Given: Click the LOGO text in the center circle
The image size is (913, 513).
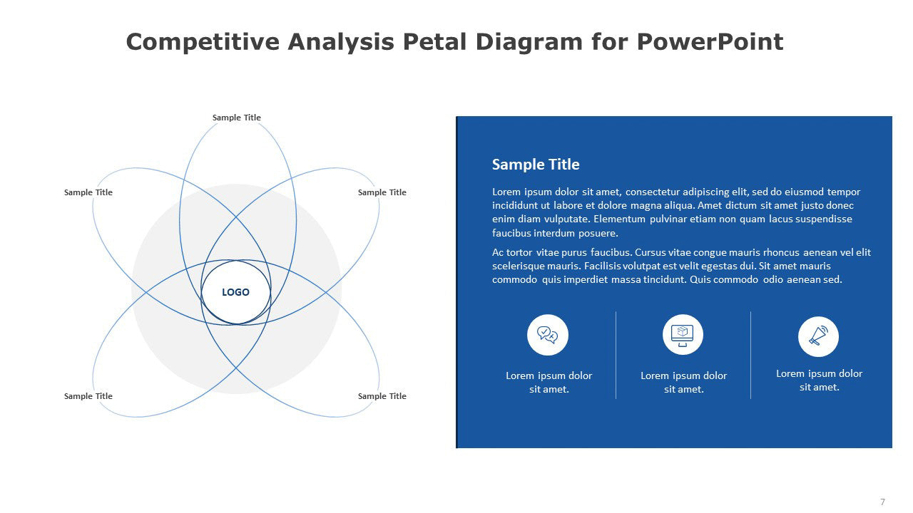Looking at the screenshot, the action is [235, 292].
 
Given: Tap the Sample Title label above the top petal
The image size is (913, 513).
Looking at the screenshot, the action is [236, 118].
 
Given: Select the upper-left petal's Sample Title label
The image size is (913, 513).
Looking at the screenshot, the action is [88, 192].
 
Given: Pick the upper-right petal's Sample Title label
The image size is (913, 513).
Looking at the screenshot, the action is [382, 192].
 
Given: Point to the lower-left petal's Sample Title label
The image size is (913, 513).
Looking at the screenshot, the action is [88, 395].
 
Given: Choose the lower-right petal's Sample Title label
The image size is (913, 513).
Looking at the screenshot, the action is [382, 395].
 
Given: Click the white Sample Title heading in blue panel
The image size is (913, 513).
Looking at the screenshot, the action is [536, 165].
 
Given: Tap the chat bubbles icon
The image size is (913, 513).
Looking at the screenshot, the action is [547, 335].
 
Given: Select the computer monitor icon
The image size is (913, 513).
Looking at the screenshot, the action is [683, 335].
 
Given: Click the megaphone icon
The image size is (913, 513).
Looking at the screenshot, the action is [818, 336].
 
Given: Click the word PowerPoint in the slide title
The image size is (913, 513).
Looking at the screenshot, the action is [710, 42].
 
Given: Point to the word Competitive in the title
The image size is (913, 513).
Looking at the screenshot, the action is [203, 42].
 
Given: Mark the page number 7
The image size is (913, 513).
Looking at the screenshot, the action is [882, 502].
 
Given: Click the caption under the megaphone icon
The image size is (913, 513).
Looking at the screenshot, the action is [820, 380].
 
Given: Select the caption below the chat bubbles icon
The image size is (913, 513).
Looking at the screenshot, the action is [549, 383].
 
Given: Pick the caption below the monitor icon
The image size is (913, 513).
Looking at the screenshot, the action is [683, 383].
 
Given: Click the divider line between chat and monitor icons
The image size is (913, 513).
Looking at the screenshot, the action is [616, 355].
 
